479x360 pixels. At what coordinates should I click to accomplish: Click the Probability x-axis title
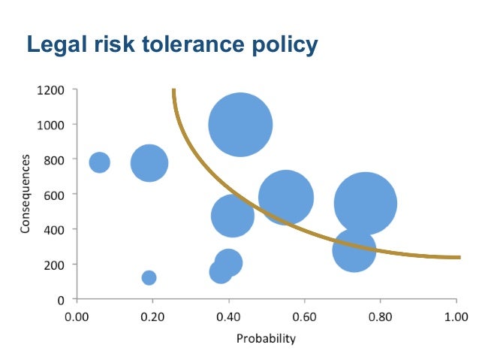click(x=266, y=338)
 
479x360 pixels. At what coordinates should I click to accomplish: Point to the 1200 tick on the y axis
click(x=50, y=90)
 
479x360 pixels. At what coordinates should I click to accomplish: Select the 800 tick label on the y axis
click(x=53, y=159)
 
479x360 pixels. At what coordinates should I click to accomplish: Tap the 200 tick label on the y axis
click(x=53, y=265)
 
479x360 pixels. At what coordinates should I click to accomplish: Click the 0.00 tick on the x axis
click(x=77, y=316)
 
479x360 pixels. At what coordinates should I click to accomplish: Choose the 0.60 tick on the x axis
click(x=304, y=316)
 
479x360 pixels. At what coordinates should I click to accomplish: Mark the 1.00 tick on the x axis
click(x=456, y=316)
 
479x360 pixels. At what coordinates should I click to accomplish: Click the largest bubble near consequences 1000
click(x=239, y=125)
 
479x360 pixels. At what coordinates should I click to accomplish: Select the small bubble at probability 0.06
click(x=99, y=162)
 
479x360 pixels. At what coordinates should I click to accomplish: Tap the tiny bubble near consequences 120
click(x=149, y=277)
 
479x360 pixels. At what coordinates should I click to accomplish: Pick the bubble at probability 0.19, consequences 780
click(x=149, y=162)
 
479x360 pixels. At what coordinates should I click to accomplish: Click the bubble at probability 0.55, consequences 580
click(x=285, y=198)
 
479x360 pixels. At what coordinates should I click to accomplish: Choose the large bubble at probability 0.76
click(x=365, y=203)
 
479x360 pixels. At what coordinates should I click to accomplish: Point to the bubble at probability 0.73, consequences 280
click(x=354, y=250)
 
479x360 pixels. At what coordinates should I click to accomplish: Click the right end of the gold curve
click(x=457, y=257)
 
